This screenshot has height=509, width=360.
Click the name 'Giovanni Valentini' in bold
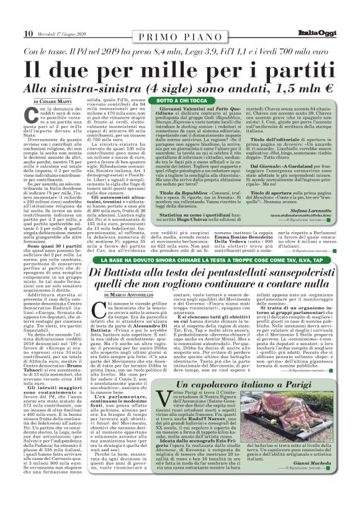183,109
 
